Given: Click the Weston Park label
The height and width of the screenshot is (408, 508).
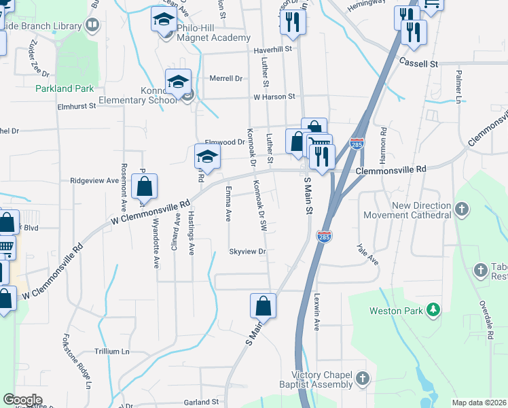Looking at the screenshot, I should (396, 311).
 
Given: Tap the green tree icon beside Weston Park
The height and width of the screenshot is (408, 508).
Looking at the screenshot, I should (433, 311).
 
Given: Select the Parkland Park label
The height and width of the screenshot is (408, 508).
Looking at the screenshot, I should (65, 88).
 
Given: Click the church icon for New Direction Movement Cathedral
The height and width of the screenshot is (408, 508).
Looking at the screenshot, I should (462, 209).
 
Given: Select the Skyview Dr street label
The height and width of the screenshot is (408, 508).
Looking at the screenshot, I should (247, 252).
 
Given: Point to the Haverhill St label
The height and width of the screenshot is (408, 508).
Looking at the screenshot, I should (272, 49).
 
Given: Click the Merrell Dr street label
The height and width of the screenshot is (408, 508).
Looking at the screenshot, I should (225, 78).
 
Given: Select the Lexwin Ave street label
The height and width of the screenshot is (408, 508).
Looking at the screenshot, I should (316, 311).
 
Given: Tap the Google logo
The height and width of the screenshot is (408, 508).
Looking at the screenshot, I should (22, 400).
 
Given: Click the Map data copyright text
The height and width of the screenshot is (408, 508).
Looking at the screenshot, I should (479, 403).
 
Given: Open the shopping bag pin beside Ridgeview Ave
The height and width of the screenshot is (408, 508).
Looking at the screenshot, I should (144, 186).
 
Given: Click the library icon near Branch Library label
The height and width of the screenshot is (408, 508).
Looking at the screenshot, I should (92, 26).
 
